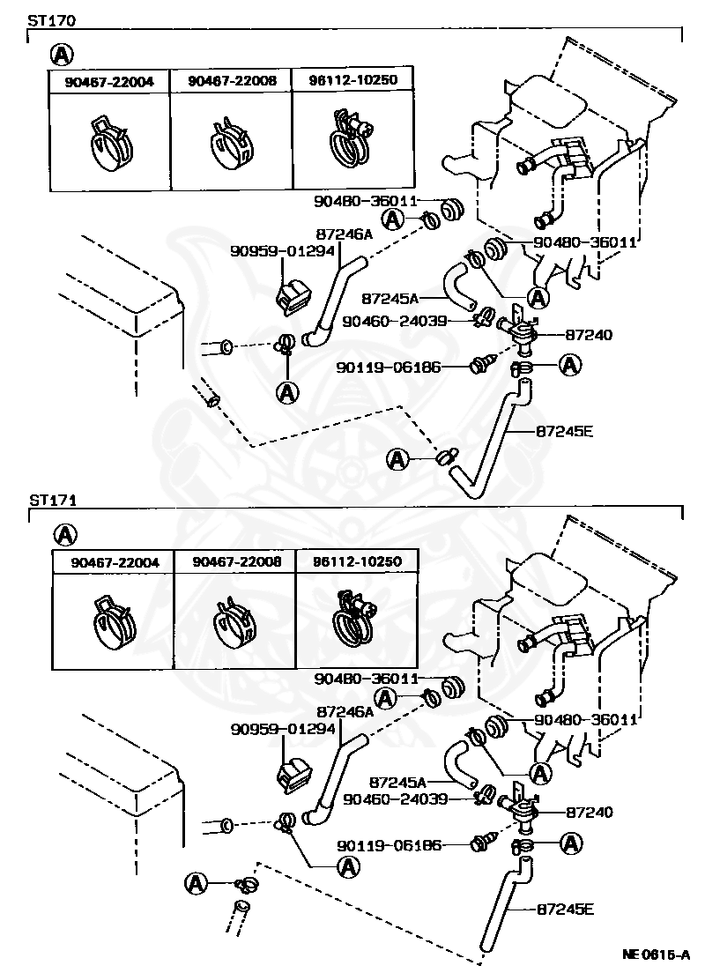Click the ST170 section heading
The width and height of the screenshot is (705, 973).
tap(51, 20)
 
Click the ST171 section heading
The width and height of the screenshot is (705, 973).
tap(53, 500)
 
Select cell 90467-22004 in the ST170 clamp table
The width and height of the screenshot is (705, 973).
tap(109, 82)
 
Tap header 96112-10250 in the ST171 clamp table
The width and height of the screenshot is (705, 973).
tap(358, 561)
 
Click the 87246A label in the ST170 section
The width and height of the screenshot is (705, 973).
tap(345, 234)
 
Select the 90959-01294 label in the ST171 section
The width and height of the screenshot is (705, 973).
tap(283, 729)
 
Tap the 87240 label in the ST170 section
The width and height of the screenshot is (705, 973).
tap(589, 335)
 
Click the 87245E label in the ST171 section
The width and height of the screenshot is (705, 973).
tap(565, 909)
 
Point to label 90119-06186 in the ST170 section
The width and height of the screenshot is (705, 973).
tap(389, 368)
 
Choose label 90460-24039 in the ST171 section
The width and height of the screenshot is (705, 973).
tap(396, 799)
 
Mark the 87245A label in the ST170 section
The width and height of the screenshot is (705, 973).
tap(390, 299)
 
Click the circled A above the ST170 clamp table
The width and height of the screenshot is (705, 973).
tap(62, 56)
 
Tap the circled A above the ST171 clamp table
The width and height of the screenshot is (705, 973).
tap(65, 534)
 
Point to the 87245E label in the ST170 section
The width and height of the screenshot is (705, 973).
tap(564, 430)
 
